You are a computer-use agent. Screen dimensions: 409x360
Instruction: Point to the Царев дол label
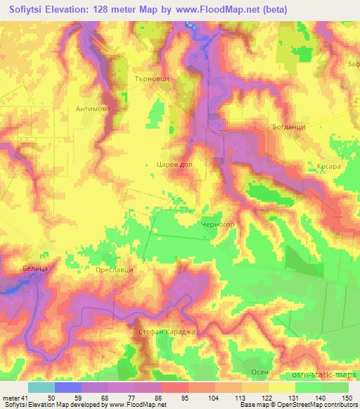coord(174,163)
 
